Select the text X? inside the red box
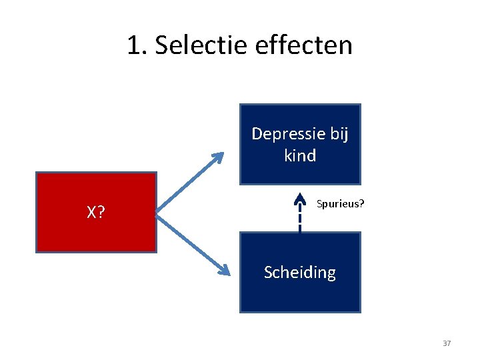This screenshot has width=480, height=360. pos(96,213)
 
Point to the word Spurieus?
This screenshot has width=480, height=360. pos(340,203)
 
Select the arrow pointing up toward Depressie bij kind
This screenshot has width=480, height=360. pos(190,181)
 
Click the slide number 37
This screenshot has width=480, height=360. pos(447,343)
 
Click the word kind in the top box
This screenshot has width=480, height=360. pos(300,155)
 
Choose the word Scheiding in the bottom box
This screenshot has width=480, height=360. pos(300,272)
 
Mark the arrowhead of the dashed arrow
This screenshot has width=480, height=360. pos(300,198)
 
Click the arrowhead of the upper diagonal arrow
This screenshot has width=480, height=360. pos(217,158)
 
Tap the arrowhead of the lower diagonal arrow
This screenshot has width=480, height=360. pos(223,270)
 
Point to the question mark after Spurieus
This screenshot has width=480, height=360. pos(362,203)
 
